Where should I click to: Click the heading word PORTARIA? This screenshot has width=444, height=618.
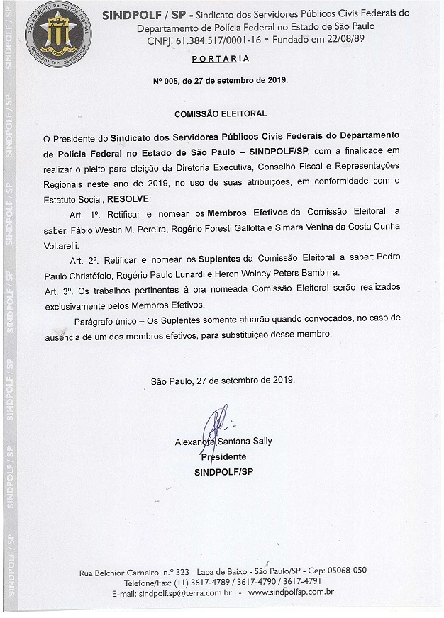[x=220, y=59]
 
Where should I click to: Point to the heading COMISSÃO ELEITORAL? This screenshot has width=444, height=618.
[x=221, y=113]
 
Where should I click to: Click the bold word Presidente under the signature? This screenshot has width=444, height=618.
[x=223, y=457]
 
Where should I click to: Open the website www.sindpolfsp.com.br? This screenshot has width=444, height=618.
[x=291, y=592]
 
